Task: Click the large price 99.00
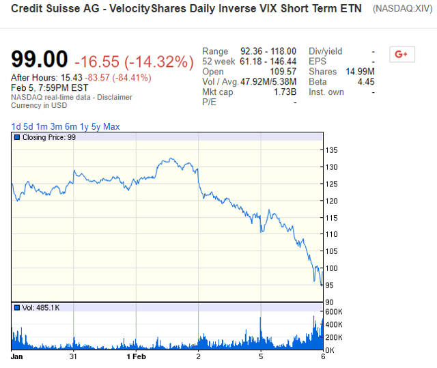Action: pyautogui.click(x=40, y=60)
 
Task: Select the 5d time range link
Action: pyautogui.click(x=27, y=126)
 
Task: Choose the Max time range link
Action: pyautogui.click(x=111, y=126)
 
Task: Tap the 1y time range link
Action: pyautogui.click(x=83, y=126)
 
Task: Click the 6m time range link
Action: pyautogui.click(x=70, y=126)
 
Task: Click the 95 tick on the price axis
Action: pyautogui.click(x=330, y=285)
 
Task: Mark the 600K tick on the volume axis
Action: pyautogui.click(x=334, y=312)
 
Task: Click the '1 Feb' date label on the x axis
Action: pyautogui.click(x=137, y=356)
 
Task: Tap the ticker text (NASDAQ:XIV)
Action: pyautogui.click(x=402, y=10)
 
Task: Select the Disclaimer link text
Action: pyautogui.click(x=115, y=97)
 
